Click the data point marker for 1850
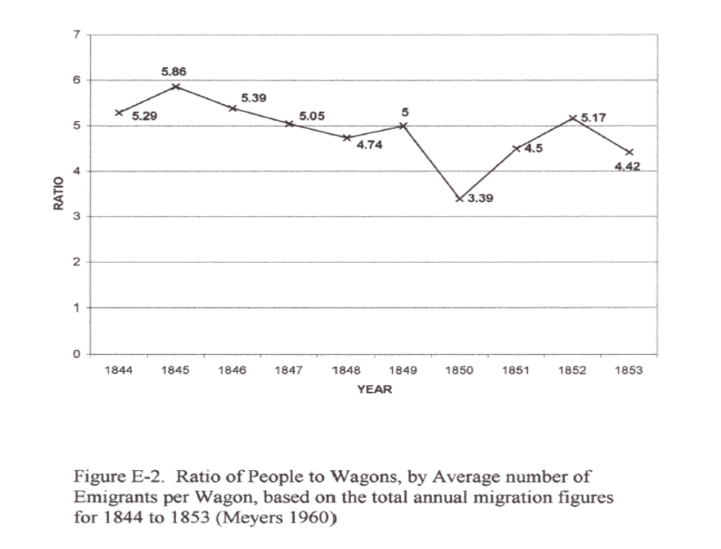click(459, 198)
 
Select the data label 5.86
click(175, 72)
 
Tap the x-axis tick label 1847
click(289, 371)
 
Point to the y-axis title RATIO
click(59, 193)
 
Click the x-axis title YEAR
click(374, 389)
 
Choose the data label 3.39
click(480, 199)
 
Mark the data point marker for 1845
click(175, 86)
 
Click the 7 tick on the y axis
click(77, 34)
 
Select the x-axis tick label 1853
click(629, 371)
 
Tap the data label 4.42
click(627, 167)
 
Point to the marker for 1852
click(573, 118)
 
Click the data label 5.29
click(145, 116)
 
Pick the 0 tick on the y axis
click(77, 353)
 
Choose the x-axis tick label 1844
click(118, 371)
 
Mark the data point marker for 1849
click(403, 125)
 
